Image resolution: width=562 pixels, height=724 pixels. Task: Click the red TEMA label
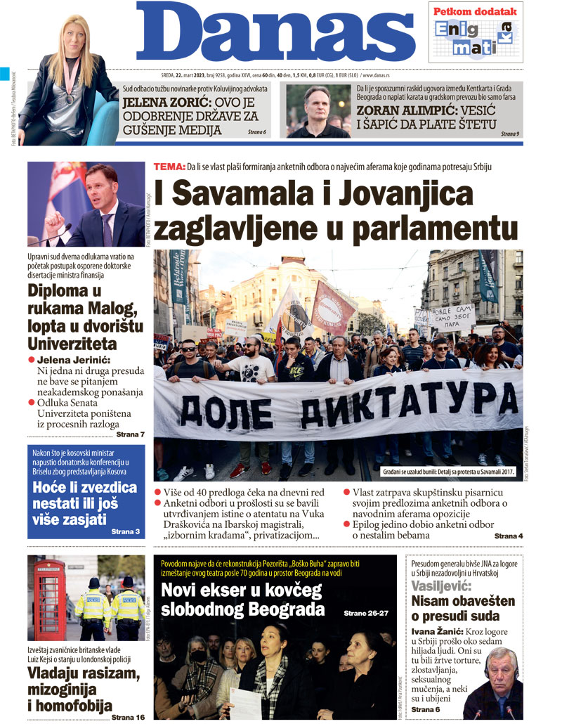169,167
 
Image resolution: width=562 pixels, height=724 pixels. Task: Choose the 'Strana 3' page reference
126,532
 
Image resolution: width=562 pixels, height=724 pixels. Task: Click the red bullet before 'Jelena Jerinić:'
32,360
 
